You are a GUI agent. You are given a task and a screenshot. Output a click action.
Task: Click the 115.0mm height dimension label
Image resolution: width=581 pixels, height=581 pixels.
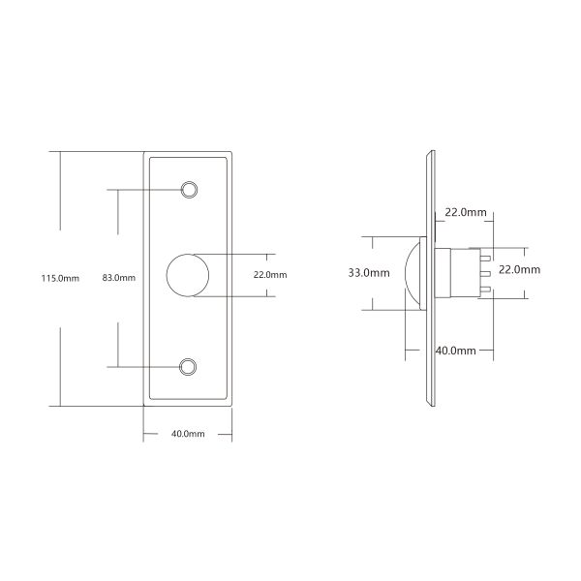[x=59, y=278]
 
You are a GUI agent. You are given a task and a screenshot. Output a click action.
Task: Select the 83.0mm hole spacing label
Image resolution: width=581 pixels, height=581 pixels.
[x=118, y=278]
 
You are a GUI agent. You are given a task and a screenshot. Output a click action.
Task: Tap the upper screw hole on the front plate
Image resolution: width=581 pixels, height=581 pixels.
[x=190, y=188]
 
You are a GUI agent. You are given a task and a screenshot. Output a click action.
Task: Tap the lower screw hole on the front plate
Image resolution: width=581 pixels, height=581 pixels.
[x=190, y=366]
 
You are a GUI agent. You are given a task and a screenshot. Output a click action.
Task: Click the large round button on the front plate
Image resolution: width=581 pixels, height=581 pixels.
[x=188, y=275]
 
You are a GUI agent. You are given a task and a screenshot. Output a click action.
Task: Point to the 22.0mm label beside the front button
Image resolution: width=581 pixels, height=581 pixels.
[x=270, y=275]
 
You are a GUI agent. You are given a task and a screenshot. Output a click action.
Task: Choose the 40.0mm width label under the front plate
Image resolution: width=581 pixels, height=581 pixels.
[x=188, y=435]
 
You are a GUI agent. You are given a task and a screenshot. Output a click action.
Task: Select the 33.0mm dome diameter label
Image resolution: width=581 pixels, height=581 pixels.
[x=367, y=273]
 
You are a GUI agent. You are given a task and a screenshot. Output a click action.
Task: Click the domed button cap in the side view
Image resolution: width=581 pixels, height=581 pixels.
[x=413, y=275]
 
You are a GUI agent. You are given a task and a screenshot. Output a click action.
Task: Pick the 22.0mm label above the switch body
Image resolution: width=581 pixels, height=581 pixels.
[x=465, y=211]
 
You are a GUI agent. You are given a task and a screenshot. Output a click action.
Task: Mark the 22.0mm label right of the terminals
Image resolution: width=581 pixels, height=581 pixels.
[x=519, y=270]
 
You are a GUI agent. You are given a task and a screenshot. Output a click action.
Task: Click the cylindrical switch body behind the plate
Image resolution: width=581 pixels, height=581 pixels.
[x=451, y=275]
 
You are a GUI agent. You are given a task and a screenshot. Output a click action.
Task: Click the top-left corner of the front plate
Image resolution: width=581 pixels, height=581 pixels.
[x=145, y=153]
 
